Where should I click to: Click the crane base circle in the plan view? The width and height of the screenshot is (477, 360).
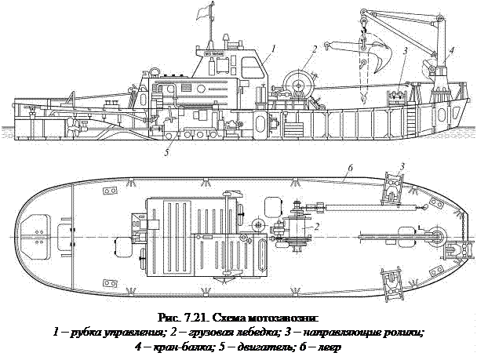(436, 235)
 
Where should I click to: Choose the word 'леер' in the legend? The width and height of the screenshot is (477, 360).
(328, 345)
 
